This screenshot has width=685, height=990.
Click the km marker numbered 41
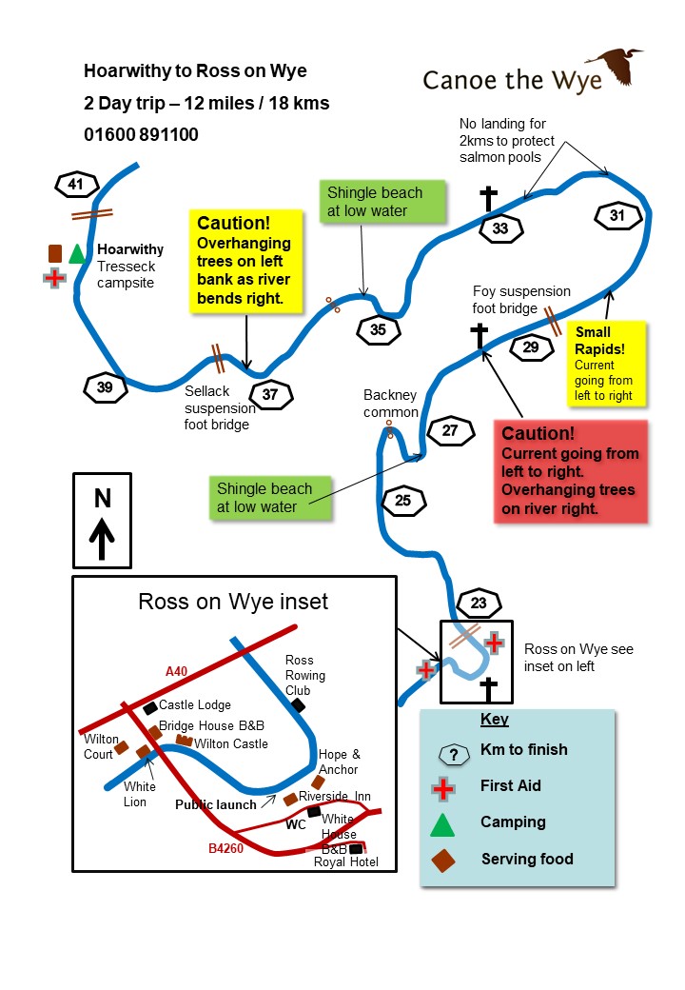[77, 184]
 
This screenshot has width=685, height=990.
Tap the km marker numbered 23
[478, 603]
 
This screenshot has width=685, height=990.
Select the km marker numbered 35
[378, 330]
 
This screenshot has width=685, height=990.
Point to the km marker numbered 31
[617, 216]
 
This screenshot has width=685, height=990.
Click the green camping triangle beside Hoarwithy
[77, 253]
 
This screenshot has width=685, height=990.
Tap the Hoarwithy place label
[130, 249]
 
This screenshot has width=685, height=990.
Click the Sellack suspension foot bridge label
[220, 406]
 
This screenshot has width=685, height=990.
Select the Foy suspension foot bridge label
[521, 300]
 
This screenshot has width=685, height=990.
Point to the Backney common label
[390, 404]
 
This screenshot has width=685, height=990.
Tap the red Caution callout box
[570, 471]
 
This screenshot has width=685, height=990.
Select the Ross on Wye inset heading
[233, 602]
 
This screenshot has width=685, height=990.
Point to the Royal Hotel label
[345, 862]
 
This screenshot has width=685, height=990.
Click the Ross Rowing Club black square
[299, 705]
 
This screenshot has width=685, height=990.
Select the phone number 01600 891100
[141, 135]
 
